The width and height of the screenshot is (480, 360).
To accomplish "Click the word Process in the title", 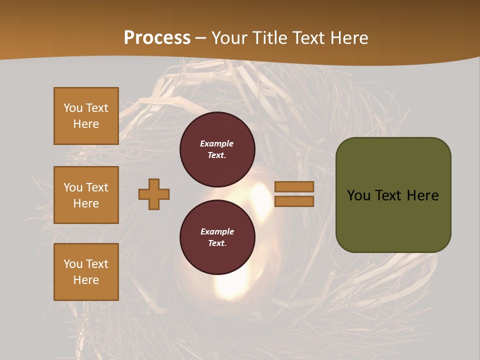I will click(157, 37).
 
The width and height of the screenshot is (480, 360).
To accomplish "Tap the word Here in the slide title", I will click(348, 37).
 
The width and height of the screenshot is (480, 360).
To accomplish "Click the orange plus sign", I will click(154, 194).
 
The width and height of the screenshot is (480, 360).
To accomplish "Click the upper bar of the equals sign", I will click(294, 186).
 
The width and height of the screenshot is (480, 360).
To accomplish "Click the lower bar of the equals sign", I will click(294, 201).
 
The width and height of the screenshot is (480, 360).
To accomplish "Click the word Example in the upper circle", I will click(216, 143).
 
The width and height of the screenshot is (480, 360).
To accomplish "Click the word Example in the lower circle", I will click(217, 231).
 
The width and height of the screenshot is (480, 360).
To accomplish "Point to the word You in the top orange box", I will click(73, 108).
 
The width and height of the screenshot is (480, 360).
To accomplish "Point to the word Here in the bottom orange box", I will click(86, 280).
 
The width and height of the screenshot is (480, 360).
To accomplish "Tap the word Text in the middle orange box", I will click(97, 187).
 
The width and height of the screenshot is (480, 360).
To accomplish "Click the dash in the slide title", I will click(201, 38).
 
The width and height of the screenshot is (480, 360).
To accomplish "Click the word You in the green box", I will click(358, 195).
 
